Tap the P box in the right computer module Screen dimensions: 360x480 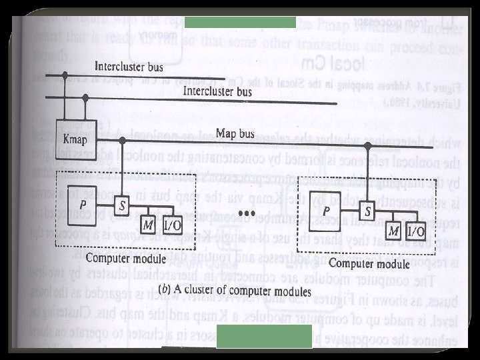(327, 209)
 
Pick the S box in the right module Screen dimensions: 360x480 (367, 212)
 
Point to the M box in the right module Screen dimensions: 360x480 (395, 231)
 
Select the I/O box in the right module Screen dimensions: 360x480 (415, 231)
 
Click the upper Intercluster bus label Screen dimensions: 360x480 (129, 66)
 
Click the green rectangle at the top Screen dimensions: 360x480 (240, 22)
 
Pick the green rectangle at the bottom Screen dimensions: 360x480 (264, 337)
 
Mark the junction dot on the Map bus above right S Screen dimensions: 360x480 (367, 145)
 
